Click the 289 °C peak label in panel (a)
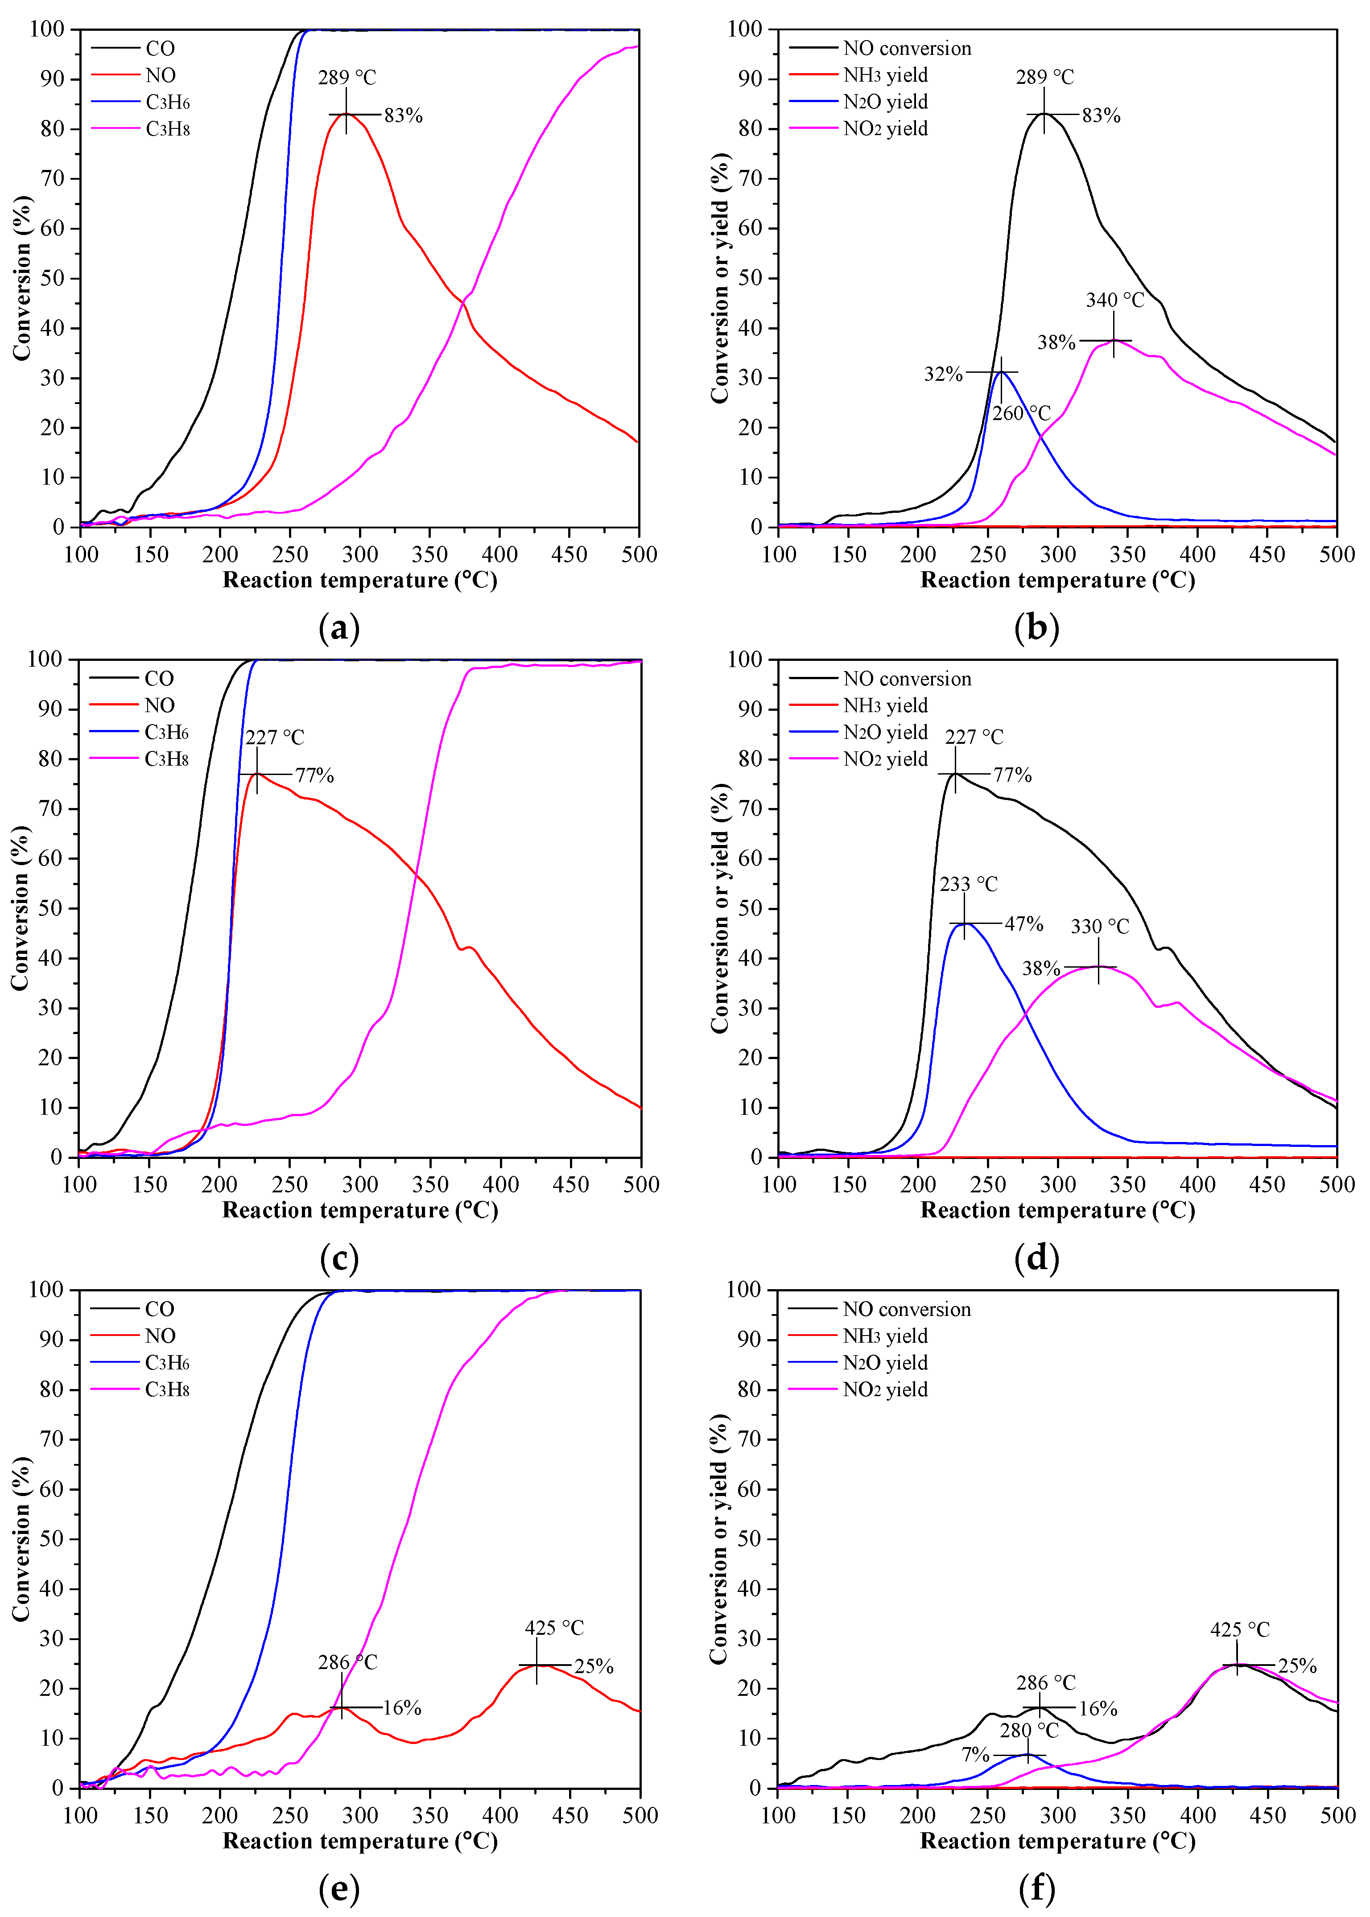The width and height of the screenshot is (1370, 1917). click(x=347, y=78)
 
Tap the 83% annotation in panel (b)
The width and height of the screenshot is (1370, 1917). click(x=1101, y=115)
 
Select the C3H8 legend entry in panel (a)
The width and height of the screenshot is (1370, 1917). click(x=167, y=129)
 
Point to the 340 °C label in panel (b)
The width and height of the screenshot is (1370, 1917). click(x=1114, y=300)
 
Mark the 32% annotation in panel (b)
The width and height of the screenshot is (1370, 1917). click(x=943, y=374)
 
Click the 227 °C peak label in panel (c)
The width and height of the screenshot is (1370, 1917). click(x=274, y=737)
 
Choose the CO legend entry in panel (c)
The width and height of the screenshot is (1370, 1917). click(x=159, y=679)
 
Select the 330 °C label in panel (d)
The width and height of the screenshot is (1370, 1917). click(x=1099, y=927)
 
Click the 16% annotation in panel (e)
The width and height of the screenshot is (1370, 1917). click(x=401, y=1708)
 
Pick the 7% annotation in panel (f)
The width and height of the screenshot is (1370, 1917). click(x=975, y=1755)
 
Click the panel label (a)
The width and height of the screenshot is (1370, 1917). click(x=339, y=628)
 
